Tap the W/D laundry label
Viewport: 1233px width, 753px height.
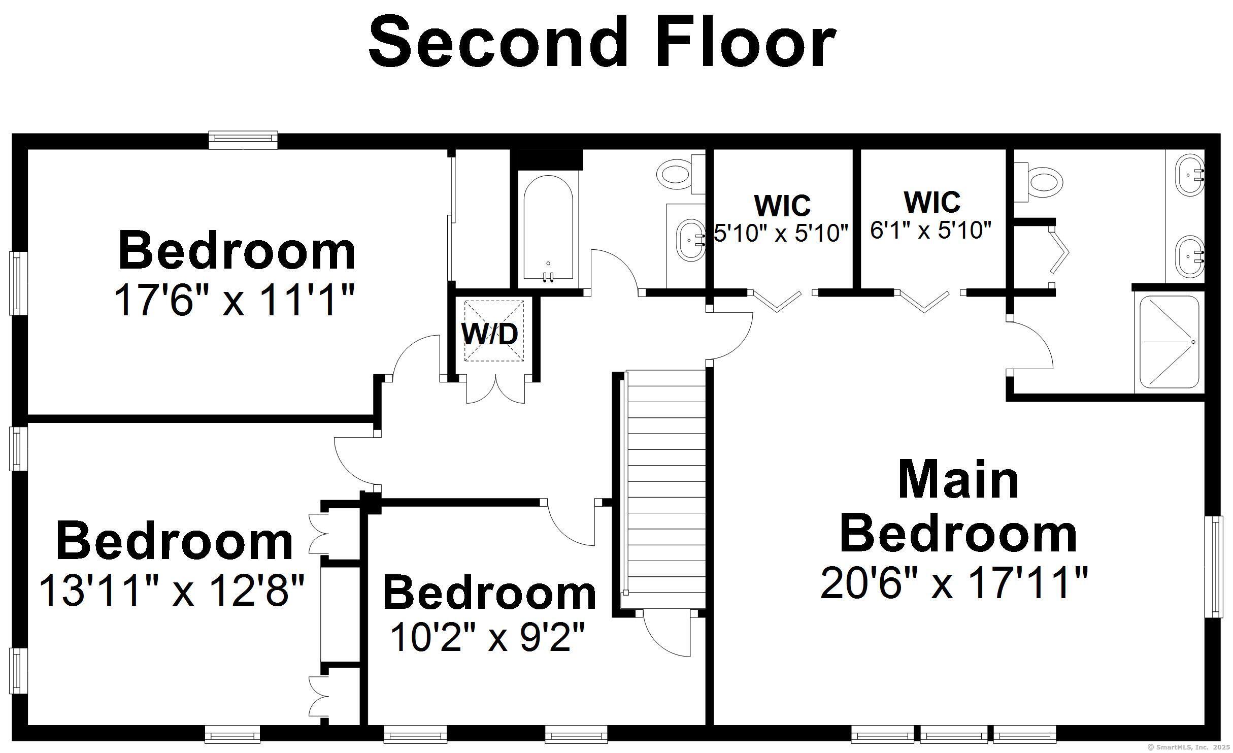coord(490,334)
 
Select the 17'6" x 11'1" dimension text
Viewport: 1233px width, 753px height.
coord(234,300)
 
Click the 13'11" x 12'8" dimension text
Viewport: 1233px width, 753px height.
coord(172,590)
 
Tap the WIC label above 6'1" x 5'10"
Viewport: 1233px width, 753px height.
coord(932,202)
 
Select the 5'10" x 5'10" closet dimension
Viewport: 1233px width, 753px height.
coord(781,233)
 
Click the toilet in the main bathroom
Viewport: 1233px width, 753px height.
coord(1038,181)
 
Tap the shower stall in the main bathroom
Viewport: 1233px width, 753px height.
coord(1170,342)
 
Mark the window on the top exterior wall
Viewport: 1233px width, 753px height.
coord(243,140)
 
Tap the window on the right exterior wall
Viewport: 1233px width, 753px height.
coord(1214,567)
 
